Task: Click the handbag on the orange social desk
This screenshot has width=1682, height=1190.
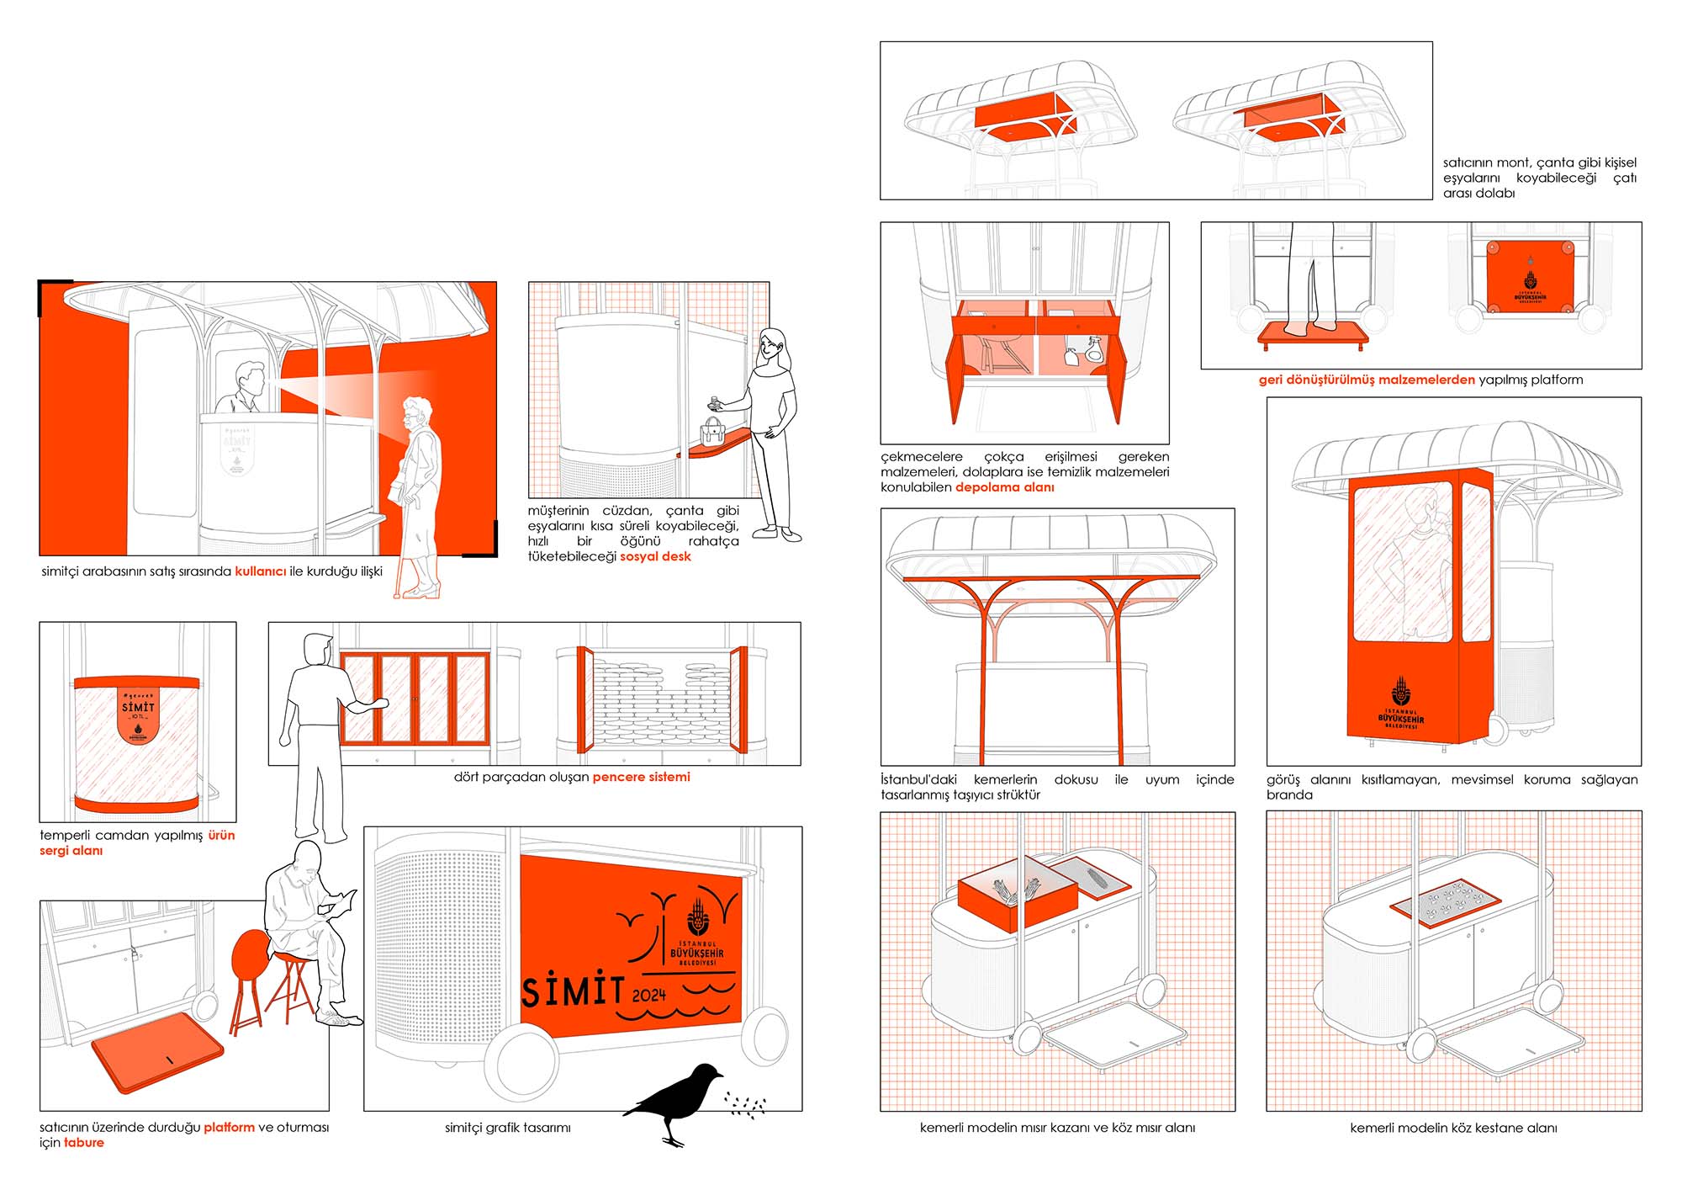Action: (x=712, y=431)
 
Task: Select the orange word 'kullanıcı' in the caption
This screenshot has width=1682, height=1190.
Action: (x=260, y=571)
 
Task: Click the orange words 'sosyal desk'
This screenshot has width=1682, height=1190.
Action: (x=655, y=556)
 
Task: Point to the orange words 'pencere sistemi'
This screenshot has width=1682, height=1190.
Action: (x=641, y=777)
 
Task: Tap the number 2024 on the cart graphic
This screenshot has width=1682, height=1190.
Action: (x=648, y=996)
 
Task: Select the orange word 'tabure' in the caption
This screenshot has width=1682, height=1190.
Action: (x=84, y=1143)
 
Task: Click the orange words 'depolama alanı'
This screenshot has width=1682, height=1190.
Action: (x=1004, y=487)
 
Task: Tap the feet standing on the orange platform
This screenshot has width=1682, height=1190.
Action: (x=1313, y=326)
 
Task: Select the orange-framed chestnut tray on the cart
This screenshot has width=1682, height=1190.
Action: (x=1445, y=901)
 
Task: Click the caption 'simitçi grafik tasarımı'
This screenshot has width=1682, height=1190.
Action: (x=507, y=1128)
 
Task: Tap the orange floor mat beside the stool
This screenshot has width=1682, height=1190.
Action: (x=157, y=1052)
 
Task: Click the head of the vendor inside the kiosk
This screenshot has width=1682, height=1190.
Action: (x=249, y=377)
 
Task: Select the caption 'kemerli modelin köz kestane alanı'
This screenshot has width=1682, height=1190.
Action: (x=1453, y=1128)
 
